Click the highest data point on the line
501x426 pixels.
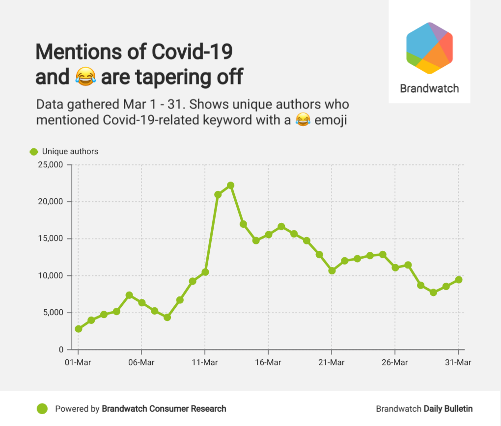(x=230, y=186)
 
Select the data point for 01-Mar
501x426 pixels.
(x=79, y=329)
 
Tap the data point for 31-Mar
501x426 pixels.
(x=458, y=280)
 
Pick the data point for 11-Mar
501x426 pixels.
(x=205, y=272)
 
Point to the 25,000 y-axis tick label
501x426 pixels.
(x=51, y=165)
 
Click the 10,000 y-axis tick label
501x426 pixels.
(x=51, y=276)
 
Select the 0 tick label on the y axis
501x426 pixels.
(x=61, y=350)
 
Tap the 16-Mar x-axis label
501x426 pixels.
(x=268, y=363)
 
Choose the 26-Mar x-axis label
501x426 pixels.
(x=395, y=363)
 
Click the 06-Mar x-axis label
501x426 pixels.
(x=141, y=363)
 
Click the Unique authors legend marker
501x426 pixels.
(x=34, y=152)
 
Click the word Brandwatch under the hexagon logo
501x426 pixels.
(x=429, y=89)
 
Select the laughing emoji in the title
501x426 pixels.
(x=85, y=77)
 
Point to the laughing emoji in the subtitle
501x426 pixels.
(x=304, y=120)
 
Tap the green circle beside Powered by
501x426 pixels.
(x=42, y=408)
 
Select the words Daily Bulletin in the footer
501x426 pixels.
(x=448, y=408)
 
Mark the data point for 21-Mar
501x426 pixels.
(x=332, y=270)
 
